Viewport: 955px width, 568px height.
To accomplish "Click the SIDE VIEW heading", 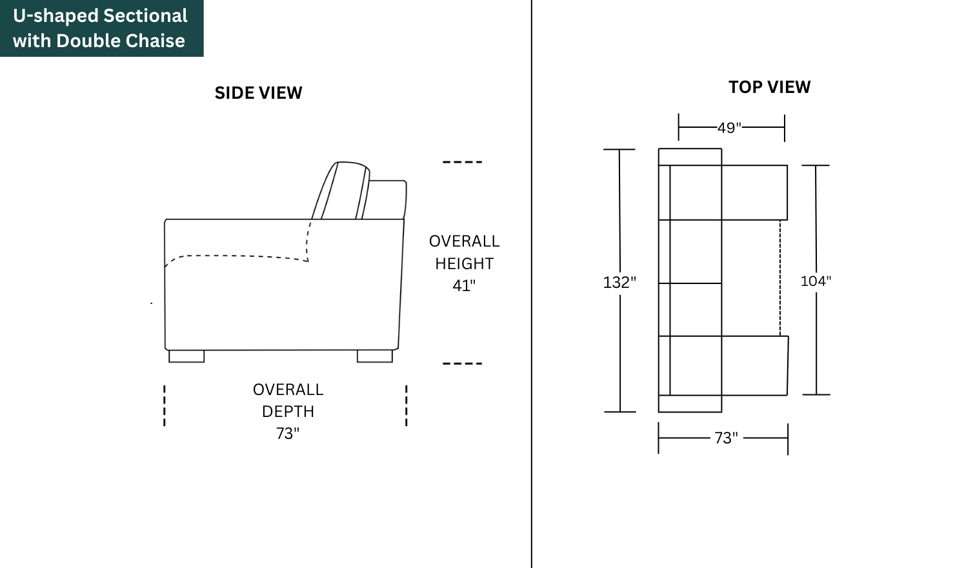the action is pos(258,93).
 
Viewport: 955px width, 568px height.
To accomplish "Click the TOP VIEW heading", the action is pos(770,87).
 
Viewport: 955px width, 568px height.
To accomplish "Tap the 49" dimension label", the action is pos(729,128).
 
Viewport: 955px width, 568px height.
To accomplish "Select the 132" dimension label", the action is pos(619,282).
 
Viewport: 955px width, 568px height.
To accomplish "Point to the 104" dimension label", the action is pos(816,281).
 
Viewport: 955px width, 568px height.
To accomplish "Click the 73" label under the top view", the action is pos(726,438).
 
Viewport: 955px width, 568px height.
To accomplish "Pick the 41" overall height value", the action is pos(464,285).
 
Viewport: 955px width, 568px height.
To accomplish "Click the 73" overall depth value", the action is pos(288,433).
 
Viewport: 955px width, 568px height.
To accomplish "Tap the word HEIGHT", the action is pos(465,263).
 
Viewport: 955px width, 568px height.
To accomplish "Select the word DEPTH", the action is pos(288,412).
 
